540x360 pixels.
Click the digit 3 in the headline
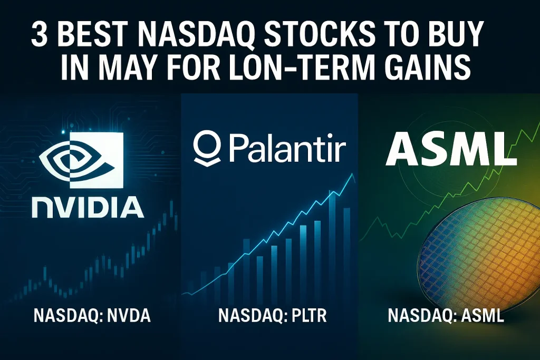(39, 35)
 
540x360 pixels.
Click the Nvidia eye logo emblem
(81, 160)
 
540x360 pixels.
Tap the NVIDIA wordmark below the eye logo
(88, 207)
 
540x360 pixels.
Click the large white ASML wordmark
(451, 150)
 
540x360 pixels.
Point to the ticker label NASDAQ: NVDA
(92, 316)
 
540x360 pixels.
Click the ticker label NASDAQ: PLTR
(273, 316)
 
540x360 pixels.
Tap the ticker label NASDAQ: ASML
(446, 316)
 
